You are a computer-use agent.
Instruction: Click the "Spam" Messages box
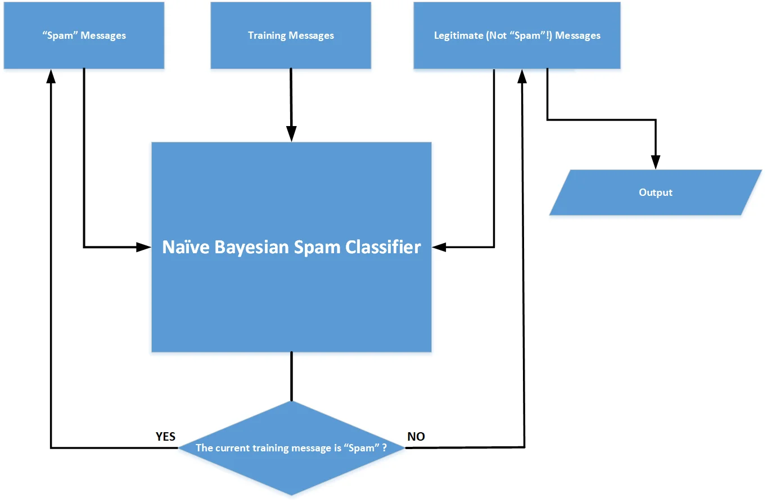click(x=84, y=35)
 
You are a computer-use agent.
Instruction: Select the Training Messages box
click(x=291, y=35)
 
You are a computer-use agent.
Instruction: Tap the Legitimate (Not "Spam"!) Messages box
click(x=517, y=35)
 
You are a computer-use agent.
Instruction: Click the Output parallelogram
click(x=655, y=192)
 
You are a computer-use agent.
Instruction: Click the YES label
click(x=165, y=437)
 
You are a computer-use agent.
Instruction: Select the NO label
click(x=416, y=437)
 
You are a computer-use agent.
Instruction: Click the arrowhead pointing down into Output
click(x=655, y=162)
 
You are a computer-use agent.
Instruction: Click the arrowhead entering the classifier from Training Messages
click(x=291, y=135)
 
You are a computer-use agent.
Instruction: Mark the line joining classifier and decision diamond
click(x=291, y=376)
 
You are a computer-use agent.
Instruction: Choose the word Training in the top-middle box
click(x=267, y=35)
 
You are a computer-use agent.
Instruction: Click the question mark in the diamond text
click(x=384, y=449)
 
